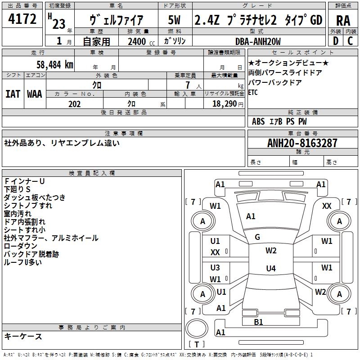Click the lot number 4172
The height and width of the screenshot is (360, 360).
tap(22, 19)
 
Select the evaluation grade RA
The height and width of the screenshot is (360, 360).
tap(343, 20)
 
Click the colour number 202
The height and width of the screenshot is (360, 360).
tap(74, 104)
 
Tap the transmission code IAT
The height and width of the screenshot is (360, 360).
tap(13, 94)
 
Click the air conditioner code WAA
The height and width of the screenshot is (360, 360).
tap(35, 94)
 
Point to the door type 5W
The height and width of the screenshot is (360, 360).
tap(174, 20)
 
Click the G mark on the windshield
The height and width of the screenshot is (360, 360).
tap(257, 237)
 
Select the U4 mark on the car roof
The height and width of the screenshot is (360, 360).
tap(270, 269)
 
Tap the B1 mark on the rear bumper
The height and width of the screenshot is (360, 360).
tap(258, 322)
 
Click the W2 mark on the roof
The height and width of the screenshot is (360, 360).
tap(271, 251)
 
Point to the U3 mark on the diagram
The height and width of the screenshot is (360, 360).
tap(215, 267)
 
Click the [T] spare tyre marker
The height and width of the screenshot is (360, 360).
tap(197, 345)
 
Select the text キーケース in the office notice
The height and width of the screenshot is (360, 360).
tap(23, 336)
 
